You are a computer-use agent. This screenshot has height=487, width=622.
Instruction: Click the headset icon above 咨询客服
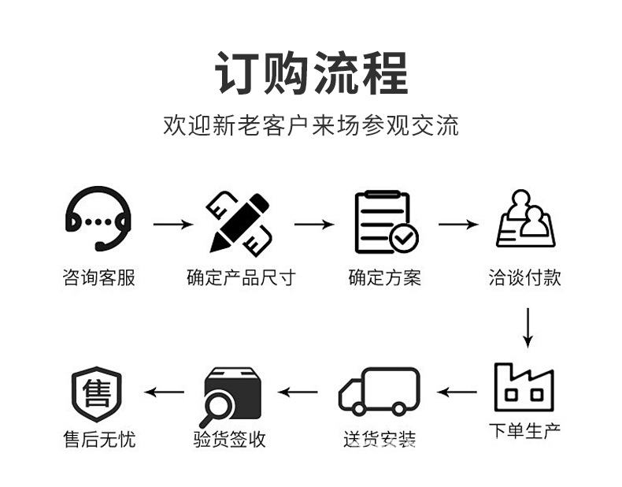click(x=98, y=219)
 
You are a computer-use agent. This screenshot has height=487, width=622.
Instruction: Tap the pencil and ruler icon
click(x=239, y=222)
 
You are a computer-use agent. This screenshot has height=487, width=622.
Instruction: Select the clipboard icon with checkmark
click(x=385, y=221)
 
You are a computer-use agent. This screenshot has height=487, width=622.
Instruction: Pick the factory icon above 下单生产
click(x=524, y=387)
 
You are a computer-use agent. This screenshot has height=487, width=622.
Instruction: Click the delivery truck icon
click(x=379, y=391)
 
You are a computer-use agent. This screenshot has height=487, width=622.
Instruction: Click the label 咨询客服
click(x=98, y=278)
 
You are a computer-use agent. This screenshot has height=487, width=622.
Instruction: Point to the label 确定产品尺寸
click(x=240, y=278)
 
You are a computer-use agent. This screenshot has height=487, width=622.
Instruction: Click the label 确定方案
click(x=384, y=278)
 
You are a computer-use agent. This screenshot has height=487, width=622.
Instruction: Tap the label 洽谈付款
click(x=524, y=278)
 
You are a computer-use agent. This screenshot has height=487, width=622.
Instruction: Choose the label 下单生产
click(x=524, y=431)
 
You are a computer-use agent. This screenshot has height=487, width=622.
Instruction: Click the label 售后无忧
click(x=98, y=439)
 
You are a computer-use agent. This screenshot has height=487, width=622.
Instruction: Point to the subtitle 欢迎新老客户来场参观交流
click(x=311, y=125)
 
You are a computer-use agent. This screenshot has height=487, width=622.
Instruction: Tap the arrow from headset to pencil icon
click(x=172, y=225)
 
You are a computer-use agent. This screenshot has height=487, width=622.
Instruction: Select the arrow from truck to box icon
click(x=299, y=391)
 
